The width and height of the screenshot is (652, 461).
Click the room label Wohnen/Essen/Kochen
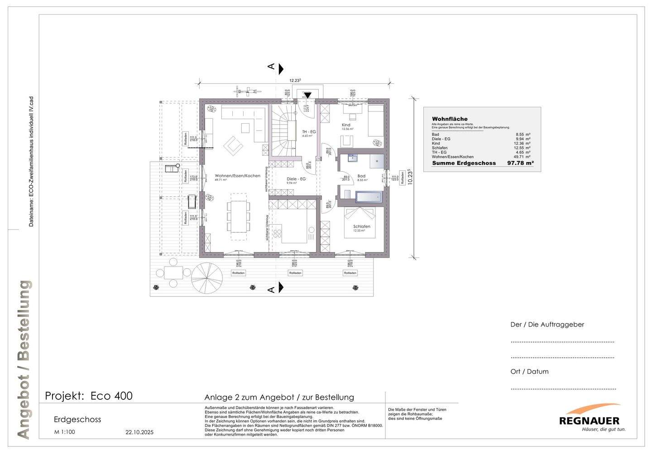click(237, 176)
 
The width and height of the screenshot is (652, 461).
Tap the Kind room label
click(346, 125)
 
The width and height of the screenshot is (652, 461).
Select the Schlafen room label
click(362, 226)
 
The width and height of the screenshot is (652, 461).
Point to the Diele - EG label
click(296, 179)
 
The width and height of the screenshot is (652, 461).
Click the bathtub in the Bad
click(369, 197)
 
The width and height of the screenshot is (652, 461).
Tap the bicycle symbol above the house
click(247, 91)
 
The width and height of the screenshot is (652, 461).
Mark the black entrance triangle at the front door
click(307, 95)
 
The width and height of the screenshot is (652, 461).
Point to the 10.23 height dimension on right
click(410, 176)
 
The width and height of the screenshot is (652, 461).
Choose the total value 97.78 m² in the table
click(520, 163)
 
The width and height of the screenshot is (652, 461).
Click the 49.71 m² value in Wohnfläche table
click(523, 157)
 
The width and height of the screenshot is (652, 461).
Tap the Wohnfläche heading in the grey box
click(450, 119)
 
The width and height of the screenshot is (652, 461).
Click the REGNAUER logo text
click(589, 421)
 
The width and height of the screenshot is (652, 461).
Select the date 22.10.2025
click(139, 432)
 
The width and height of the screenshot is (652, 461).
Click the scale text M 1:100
click(64, 432)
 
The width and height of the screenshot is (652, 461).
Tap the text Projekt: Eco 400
click(89, 396)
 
